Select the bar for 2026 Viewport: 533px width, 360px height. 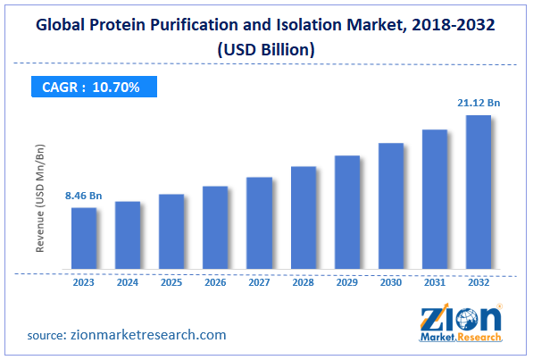[x=215, y=229]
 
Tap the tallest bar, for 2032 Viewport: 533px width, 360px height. [x=479, y=193]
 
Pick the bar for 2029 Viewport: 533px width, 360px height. [x=347, y=213]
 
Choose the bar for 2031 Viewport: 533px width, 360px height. [x=435, y=200]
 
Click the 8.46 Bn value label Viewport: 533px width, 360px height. [x=83, y=194]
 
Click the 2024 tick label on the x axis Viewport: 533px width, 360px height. [x=128, y=282]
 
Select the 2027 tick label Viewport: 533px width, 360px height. [x=259, y=282]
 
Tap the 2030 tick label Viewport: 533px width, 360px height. [x=391, y=282]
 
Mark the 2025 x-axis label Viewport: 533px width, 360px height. [x=171, y=282]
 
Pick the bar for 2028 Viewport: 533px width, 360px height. [x=304, y=219]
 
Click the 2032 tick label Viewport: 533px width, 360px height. [x=479, y=282]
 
